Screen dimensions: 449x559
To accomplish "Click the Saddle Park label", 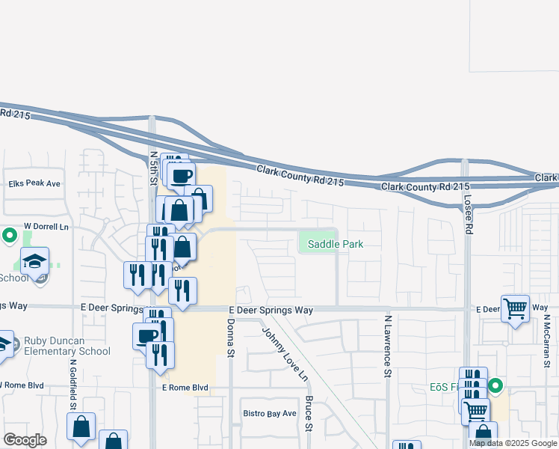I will pos(336,244).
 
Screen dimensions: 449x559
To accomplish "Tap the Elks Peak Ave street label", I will pos(34,183).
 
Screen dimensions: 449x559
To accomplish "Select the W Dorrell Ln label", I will pos(46,226).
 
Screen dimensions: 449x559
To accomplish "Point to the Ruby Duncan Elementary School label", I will pos(67,346).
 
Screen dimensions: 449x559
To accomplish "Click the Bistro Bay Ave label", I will pos(270,413).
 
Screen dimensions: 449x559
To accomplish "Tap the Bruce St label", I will pos(308,414).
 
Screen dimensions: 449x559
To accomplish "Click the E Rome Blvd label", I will pos(184,387).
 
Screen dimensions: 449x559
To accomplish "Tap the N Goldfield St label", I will pos(73,383).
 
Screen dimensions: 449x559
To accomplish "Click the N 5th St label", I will pos(154,168).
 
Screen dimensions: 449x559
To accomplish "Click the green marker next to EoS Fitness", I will pos(495,387).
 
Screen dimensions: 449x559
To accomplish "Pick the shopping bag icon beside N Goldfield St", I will pos(81,427).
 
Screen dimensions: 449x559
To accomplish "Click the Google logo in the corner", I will pos(25,440).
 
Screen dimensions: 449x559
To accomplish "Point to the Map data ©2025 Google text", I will pos(513,443).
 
